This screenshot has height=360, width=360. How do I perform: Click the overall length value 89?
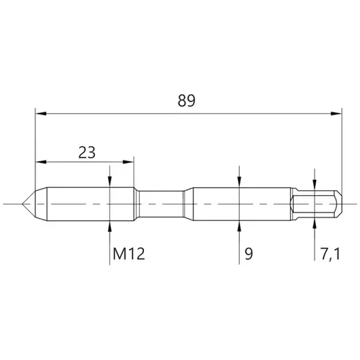pos(186,101)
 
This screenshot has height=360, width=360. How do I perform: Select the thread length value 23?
pos(87,153)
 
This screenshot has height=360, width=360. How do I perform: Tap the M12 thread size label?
pos(129,254)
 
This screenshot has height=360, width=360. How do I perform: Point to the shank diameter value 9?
pos(249,254)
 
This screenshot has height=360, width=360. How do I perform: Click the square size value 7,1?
pos(330,254)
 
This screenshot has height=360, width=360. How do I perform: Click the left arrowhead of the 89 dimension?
pos(41,114)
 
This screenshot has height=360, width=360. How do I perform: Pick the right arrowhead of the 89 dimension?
pos(336,114)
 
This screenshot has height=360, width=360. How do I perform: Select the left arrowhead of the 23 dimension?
pos(41,162)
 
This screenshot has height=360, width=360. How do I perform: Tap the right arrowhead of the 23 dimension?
pos(128,162)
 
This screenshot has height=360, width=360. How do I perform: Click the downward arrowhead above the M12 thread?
pos(109,182)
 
